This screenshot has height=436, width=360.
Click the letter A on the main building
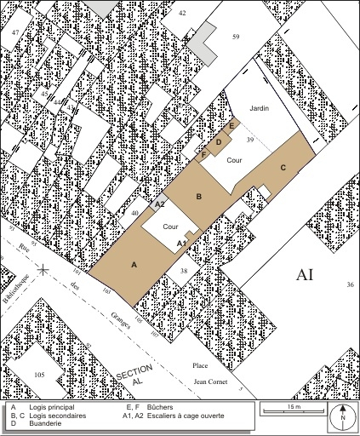(x=134, y=265)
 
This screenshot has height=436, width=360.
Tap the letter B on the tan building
(x=198, y=197)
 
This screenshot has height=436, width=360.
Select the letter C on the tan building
(x=283, y=167)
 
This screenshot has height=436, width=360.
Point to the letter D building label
(x=219, y=142)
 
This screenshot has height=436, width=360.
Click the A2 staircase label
(x=159, y=204)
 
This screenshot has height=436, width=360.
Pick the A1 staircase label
(x=181, y=244)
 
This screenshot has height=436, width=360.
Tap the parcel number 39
(x=250, y=139)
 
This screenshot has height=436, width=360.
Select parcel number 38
(x=183, y=271)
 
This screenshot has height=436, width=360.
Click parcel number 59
(x=236, y=36)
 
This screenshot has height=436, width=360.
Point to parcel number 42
(x=182, y=13)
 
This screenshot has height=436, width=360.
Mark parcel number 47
(x=14, y=29)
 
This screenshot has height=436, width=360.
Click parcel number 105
(x=39, y=375)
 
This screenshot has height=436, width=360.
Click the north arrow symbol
(x=342, y=415)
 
